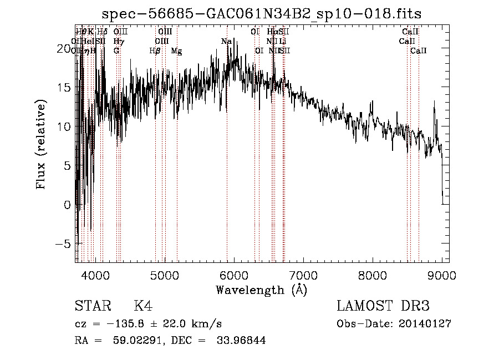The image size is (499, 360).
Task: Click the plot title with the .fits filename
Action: click(x=266, y=14)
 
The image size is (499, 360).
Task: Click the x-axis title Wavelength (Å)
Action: click(x=261, y=290)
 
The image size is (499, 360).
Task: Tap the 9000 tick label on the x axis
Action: click(x=441, y=275)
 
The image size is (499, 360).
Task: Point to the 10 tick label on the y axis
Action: click(x=62, y=126)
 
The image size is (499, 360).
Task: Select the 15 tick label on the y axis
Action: click(x=62, y=88)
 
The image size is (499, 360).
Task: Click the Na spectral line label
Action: click(x=226, y=42)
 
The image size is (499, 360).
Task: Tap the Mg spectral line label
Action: click(x=176, y=51)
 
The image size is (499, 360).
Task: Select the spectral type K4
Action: click(x=143, y=306)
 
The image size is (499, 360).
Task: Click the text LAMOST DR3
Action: click(x=383, y=306)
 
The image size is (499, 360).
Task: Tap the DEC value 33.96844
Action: click(x=233, y=341)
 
